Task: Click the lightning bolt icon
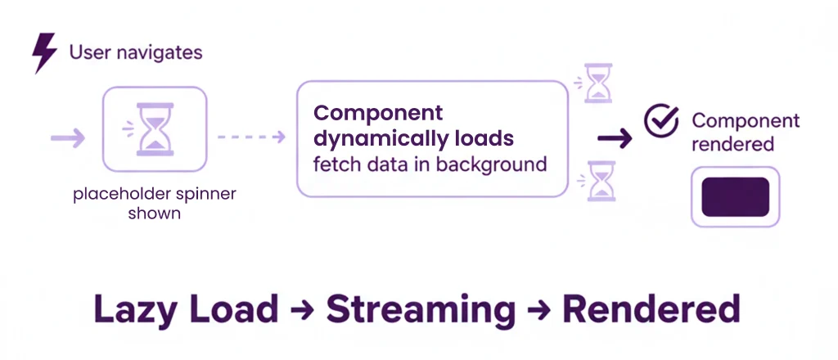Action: (x=44, y=53)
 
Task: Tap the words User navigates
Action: (x=135, y=53)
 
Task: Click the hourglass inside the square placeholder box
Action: (x=154, y=128)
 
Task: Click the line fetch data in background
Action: (x=430, y=164)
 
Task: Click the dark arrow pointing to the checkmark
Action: (x=615, y=138)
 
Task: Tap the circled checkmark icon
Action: (x=660, y=121)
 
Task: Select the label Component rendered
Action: (x=745, y=132)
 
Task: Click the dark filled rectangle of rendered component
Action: (x=736, y=197)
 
